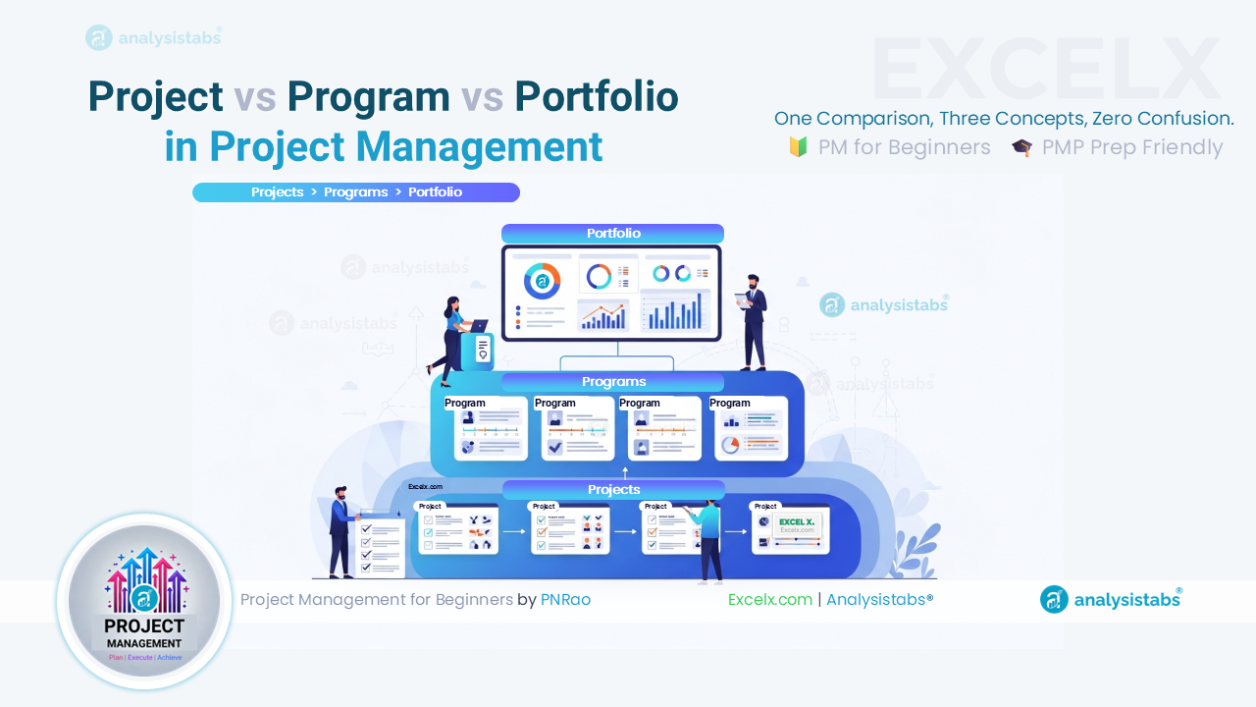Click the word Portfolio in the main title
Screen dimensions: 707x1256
597,96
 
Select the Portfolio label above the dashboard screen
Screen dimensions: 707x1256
613,234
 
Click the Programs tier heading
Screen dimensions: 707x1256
613,382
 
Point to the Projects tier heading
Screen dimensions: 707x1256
613,489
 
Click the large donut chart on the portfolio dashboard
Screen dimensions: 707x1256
542,281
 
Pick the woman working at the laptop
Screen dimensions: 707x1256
454,334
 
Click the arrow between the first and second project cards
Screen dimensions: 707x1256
514,531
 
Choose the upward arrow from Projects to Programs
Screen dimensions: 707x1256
625,473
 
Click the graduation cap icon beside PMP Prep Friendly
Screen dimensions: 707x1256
1021,148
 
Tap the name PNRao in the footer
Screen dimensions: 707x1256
565,599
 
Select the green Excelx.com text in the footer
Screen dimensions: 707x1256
770,599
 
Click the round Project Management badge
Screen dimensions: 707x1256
145,600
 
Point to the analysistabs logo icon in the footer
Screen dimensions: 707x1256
1054,599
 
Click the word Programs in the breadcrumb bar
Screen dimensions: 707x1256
356,192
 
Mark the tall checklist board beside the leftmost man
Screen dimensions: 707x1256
381,545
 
